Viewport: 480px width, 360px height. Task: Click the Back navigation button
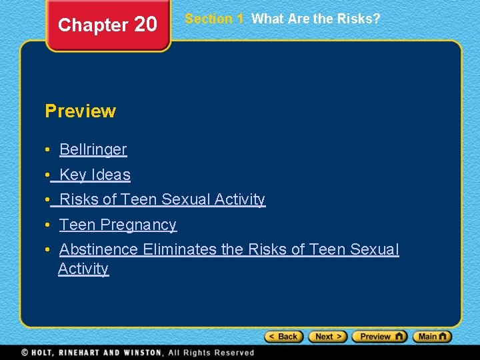[x=284, y=337]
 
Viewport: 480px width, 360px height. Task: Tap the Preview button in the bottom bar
[x=379, y=337]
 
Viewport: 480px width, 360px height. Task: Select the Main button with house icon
[x=432, y=337]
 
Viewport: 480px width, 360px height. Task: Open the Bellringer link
[x=93, y=149]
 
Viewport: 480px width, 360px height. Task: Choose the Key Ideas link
[x=95, y=175]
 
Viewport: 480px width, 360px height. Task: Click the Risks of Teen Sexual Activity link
[x=162, y=199]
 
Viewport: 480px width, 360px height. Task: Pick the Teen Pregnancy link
[x=117, y=225]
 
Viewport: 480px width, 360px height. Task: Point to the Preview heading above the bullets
[x=80, y=111]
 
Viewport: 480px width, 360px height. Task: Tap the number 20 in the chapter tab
[x=145, y=25]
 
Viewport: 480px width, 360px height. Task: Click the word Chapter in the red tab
[x=93, y=25]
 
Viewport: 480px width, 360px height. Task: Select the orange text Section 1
[x=214, y=19]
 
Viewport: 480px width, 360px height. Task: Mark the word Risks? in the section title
[x=359, y=19]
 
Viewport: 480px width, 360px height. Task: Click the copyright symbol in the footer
[x=25, y=352]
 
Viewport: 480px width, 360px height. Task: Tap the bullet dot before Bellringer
[x=49, y=150]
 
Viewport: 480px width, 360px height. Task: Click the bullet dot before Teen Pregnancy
[x=49, y=225]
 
